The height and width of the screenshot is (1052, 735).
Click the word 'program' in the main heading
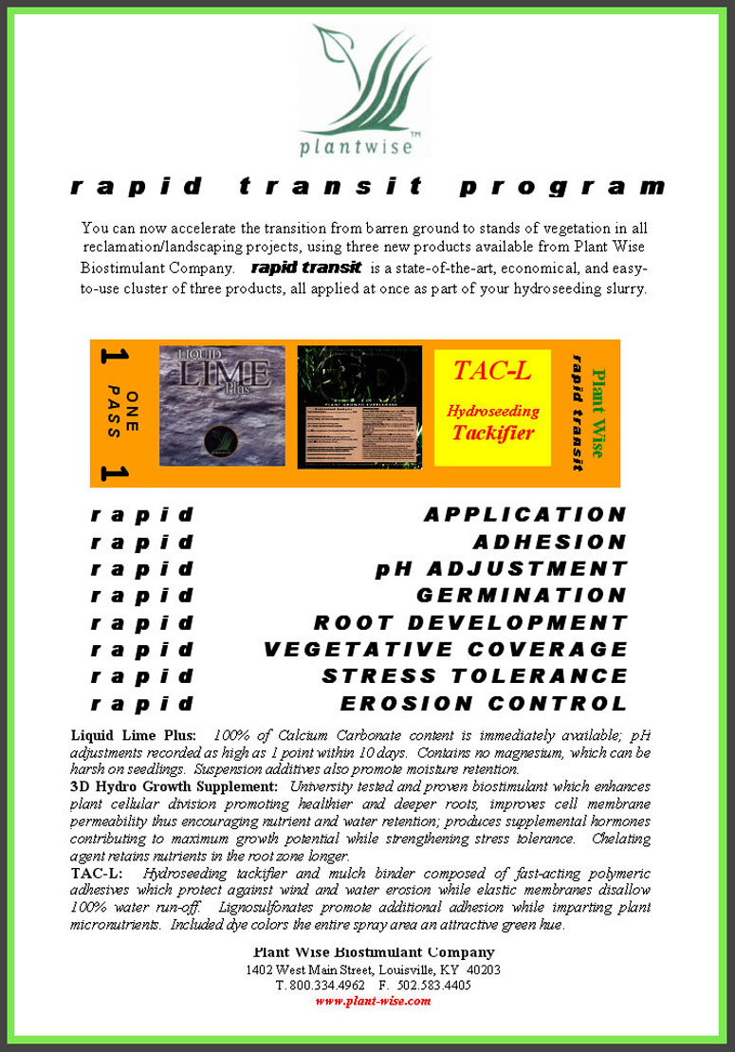point(562,187)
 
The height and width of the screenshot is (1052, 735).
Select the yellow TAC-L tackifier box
point(492,407)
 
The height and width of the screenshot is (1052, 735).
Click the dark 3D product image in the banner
point(359,406)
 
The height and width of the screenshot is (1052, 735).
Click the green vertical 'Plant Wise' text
point(597,414)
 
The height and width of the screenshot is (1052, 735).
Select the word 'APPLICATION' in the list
point(525,515)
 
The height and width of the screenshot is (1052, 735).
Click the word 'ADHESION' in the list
point(550,543)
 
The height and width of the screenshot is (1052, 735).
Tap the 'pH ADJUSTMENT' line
point(501,569)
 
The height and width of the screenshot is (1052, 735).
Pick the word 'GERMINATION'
point(522,596)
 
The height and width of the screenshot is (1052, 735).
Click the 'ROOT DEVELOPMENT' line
point(470,623)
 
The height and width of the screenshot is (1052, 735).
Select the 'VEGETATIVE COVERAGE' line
point(446,650)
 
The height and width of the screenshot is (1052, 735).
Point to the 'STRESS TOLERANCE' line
point(474,676)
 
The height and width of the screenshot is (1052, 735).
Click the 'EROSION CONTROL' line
point(484,704)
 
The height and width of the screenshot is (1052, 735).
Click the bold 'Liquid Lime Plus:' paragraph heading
point(134,735)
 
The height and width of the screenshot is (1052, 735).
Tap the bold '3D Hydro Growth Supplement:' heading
point(174,786)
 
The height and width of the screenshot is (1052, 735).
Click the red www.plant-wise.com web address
point(373,1001)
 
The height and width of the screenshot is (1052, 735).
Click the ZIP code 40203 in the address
point(483,969)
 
